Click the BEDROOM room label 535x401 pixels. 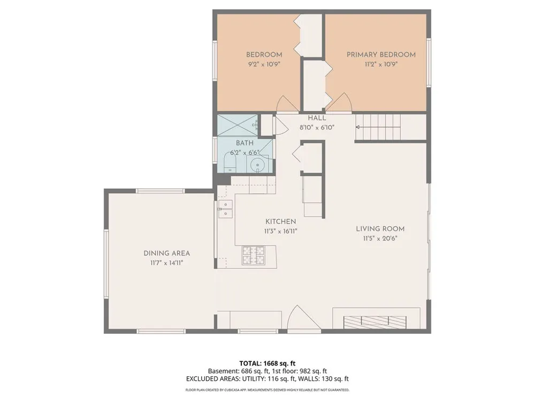pos(264,55)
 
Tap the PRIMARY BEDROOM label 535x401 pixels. pos(381,55)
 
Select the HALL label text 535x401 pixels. pos(317,118)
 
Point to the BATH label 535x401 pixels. pos(244,143)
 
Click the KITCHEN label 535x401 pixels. pos(281,222)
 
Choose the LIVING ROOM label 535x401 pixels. pos(380,229)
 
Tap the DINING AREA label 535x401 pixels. pos(167,253)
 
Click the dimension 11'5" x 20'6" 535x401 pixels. pos(380,238)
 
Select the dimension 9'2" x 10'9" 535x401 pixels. pos(264,64)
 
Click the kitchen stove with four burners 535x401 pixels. pos(253,256)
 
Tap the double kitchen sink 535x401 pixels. pos(226,209)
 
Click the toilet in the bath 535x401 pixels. pos(230,163)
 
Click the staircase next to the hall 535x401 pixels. pos(378,127)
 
